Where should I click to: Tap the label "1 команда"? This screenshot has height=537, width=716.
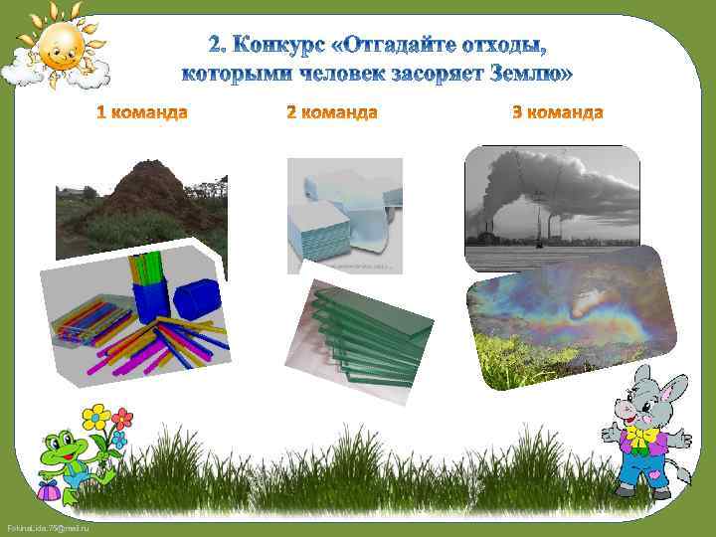[141, 112]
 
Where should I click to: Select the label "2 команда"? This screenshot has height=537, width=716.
[331, 112]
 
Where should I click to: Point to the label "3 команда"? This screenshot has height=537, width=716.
[557, 112]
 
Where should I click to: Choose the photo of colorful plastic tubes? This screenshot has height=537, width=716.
[139, 313]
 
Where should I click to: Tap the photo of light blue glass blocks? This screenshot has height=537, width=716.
[344, 215]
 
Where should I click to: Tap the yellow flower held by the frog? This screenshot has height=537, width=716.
[95, 416]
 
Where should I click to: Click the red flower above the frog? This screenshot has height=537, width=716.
[122, 419]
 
